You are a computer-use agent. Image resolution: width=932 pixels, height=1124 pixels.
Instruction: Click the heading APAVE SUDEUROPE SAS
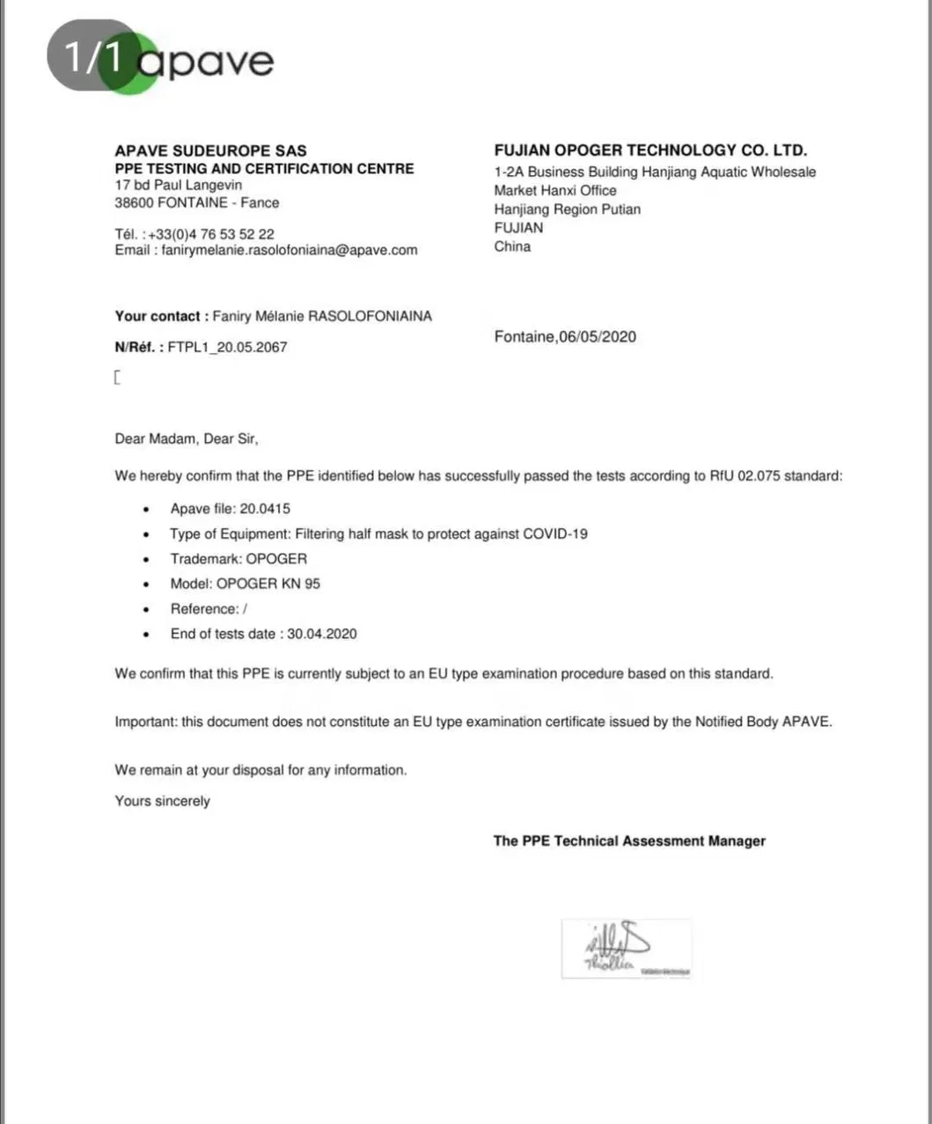210,151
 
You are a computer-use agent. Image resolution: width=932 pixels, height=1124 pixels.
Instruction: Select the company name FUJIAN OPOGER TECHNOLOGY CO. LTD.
650,151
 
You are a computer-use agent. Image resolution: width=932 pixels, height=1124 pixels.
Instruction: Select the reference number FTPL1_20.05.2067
227,347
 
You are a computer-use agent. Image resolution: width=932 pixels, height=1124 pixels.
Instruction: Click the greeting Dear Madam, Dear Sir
187,438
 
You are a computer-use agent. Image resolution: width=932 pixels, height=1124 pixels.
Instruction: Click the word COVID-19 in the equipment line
555,533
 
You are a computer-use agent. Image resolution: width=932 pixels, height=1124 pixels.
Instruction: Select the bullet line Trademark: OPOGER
239,558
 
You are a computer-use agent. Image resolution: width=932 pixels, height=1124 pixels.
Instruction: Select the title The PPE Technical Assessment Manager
629,841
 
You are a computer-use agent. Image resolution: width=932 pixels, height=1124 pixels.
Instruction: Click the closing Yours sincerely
163,801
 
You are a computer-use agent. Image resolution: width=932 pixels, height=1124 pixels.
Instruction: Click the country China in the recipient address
512,246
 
